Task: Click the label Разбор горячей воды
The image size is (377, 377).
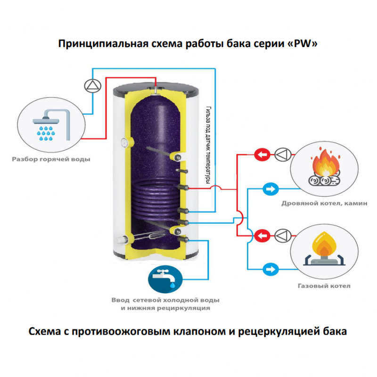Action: [51, 159]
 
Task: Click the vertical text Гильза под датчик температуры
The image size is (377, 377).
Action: [207, 144]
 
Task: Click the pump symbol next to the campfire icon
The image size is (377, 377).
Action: [283, 154]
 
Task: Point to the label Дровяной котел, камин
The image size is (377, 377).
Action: [325, 204]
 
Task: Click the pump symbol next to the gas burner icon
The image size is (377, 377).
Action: [283, 235]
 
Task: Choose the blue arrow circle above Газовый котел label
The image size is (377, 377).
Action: [270, 269]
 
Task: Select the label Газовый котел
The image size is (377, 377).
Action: [324, 286]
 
